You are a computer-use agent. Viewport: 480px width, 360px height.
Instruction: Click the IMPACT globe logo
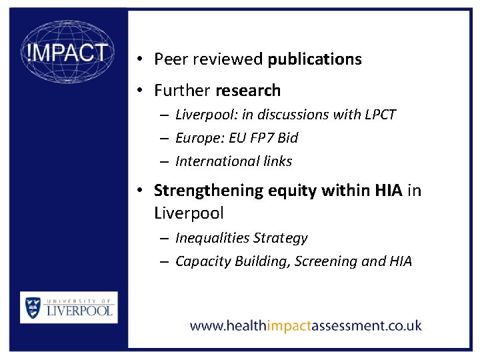point(67,51)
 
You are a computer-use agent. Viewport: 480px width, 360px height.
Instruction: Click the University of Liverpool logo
point(69,307)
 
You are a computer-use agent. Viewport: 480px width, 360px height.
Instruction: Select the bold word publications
point(315,59)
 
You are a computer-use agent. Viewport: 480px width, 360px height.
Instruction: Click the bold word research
point(247,90)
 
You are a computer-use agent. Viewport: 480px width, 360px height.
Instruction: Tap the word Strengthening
point(209,191)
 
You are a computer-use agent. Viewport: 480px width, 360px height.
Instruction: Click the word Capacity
point(203,261)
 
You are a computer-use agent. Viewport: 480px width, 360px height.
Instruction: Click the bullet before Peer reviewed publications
point(137,59)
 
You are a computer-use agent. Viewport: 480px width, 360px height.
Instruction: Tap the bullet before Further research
point(137,90)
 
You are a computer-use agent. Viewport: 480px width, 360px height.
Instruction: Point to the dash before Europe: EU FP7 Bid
point(163,138)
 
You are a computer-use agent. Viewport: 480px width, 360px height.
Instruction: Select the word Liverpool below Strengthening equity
point(189,213)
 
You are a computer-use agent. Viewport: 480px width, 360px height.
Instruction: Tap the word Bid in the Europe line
point(288,138)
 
